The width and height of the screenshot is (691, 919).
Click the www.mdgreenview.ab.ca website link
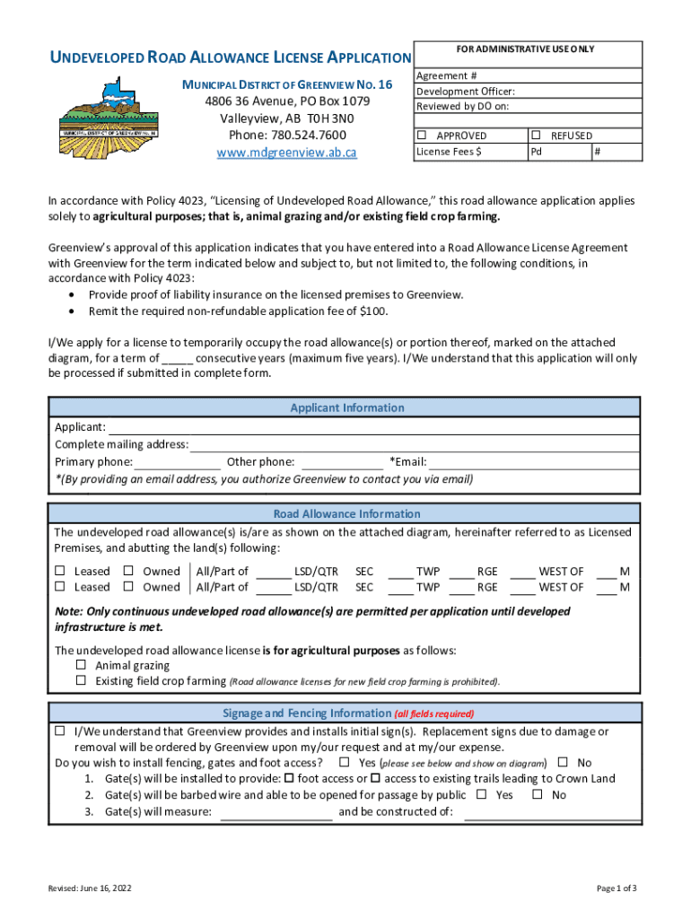click(x=287, y=153)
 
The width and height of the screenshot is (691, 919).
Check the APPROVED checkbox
click(x=423, y=136)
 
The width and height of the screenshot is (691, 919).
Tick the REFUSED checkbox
click(x=536, y=136)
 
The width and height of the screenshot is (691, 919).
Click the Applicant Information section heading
click(x=346, y=407)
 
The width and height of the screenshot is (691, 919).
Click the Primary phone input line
click(x=178, y=463)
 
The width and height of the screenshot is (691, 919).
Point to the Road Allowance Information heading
click(x=346, y=514)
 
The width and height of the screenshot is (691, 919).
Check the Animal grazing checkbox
click(x=81, y=666)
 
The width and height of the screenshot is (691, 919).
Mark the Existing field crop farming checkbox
click(x=81, y=681)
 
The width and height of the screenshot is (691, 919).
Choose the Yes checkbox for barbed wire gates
click(x=482, y=794)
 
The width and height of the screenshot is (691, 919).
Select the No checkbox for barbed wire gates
click(x=538, y=794)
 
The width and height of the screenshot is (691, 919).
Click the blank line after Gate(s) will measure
click(x=276, y=813)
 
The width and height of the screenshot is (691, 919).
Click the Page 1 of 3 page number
click(x=617, y=888)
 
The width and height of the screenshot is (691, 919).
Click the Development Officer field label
click(x=466, y=92)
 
